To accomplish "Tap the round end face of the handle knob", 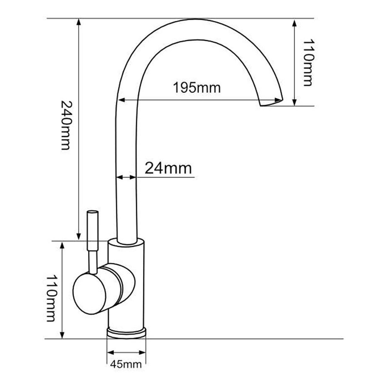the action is [x=89, y=294].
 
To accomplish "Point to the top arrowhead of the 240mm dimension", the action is [x=79, y=22].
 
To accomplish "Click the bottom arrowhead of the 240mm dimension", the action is [x=78, y=236].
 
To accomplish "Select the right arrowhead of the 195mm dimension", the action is [x=278, y=100].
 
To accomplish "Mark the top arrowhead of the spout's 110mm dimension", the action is [x=294, y=23].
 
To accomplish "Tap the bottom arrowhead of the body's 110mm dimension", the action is [x=62, y=335].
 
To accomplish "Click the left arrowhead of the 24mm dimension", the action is [x=119, y=177].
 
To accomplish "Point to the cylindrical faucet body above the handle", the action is [x=127, y=253].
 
